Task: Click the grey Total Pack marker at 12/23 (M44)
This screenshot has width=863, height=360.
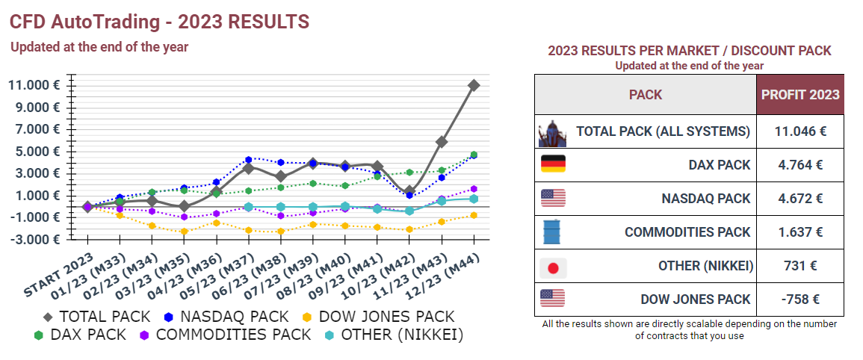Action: [474, 85]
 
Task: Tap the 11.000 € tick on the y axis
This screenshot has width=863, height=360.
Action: [34, 85]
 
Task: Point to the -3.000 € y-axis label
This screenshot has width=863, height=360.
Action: [34, 240]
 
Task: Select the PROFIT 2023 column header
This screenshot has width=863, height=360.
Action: [800, 95]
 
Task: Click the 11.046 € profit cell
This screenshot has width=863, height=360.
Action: [800, 131]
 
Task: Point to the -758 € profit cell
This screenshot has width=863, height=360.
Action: [800, 300]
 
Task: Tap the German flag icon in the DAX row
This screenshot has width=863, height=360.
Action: [553, 164]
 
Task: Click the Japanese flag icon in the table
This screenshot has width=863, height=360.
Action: [553, 267]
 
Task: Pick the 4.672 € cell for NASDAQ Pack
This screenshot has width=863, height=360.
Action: [800, 199]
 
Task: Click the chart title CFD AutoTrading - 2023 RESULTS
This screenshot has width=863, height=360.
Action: [159, 22]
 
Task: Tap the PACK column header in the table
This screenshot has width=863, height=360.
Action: [645, 95]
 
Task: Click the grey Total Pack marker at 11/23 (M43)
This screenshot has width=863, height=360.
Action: [442, 141]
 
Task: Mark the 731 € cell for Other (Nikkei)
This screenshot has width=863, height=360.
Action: [800, 267]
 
